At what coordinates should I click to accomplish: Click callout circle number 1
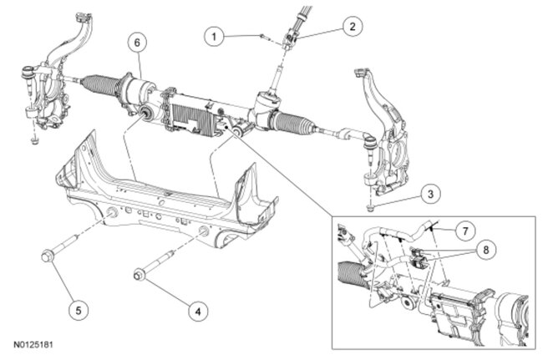(x=216, y=36)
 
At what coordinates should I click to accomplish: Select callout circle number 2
(x=352, y=26)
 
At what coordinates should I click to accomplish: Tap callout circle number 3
(x=430, y=195)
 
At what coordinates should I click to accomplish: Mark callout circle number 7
(x=465, y=227)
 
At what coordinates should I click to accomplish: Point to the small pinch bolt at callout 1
(x=261, y=35)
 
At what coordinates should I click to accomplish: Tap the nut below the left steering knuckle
(x=32, y=139)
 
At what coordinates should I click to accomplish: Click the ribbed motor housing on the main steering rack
(x=195, y=109)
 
